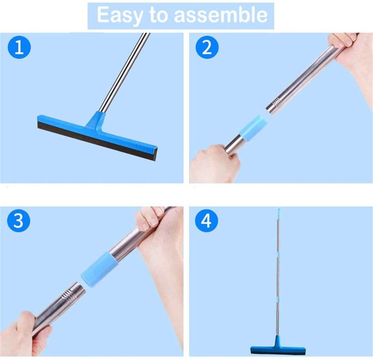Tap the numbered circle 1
point(19,48)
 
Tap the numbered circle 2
point(207,48)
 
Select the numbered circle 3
point(19,221)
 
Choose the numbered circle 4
point(207,221)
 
